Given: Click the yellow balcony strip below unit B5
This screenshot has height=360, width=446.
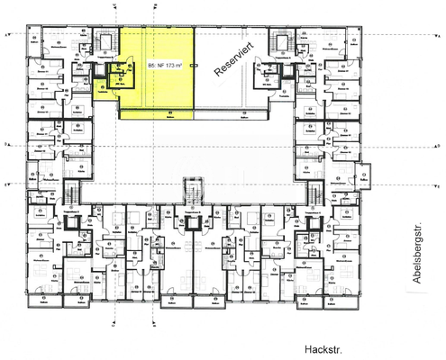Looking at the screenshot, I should [157, 112].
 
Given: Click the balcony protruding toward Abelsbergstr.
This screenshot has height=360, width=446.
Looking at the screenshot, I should [364, 174].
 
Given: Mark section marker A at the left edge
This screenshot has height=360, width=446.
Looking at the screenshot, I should [8, 35].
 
